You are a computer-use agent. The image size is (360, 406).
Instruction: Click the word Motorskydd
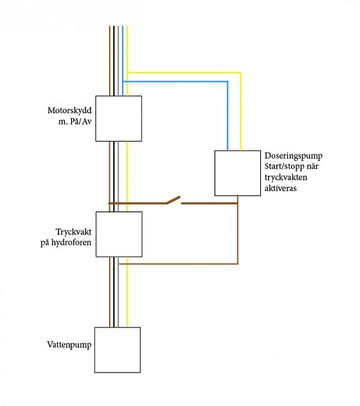[69, 110]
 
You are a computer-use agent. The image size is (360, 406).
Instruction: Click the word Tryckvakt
[73, 231]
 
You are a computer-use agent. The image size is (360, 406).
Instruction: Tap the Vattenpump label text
[69, 345]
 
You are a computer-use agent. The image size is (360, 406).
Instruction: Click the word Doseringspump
[294, 156]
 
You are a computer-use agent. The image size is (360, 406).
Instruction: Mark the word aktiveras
[280, 188]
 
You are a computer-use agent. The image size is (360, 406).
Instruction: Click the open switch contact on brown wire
[173, 200]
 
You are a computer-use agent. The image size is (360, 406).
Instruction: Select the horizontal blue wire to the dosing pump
[175, 82]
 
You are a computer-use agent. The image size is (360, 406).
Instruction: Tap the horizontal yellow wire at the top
[184, 73]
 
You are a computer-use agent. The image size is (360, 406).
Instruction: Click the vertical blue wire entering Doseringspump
[227, 115]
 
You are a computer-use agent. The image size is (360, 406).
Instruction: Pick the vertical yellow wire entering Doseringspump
[240, 111]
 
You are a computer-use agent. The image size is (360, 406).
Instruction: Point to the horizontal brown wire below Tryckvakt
[178, 264]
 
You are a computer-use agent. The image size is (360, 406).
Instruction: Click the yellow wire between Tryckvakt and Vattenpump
[127, 292]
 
